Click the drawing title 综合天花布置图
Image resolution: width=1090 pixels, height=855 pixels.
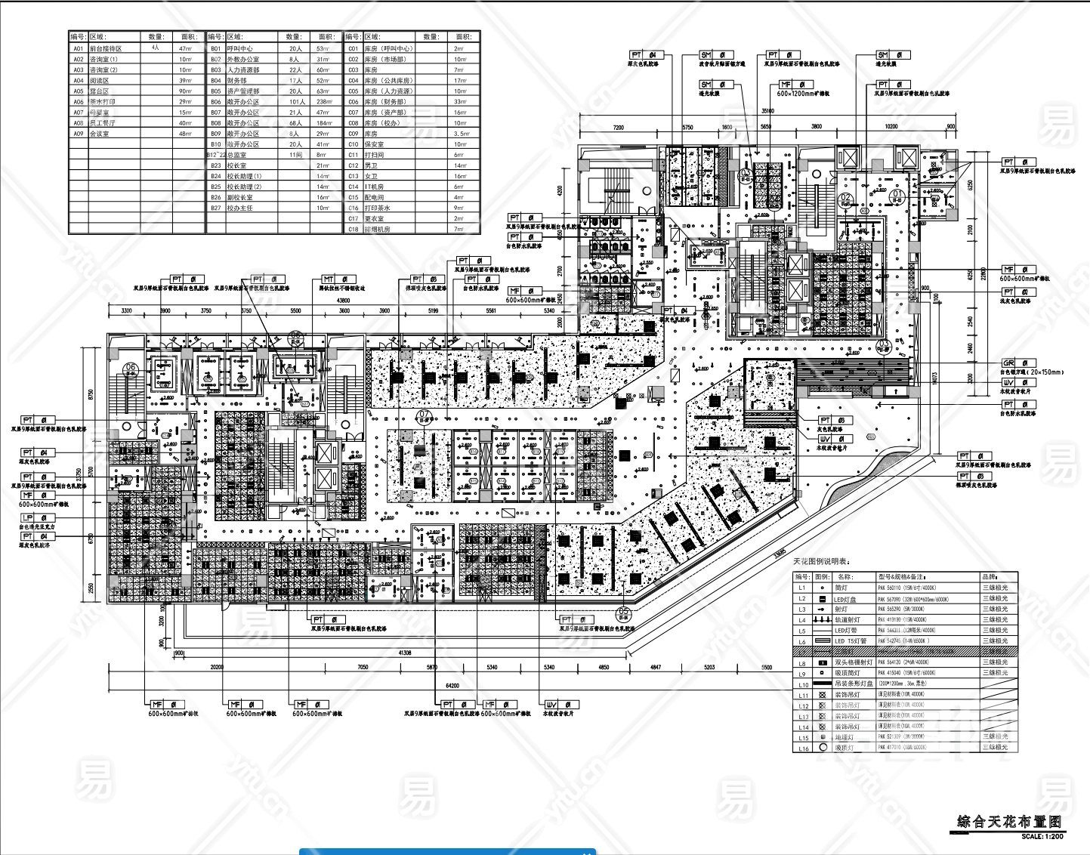(1009, 822)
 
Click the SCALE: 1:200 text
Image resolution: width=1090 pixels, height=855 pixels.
(1042, 836)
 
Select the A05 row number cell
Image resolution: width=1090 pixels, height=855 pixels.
(79, 91)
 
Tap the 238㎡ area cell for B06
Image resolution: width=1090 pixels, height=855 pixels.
(324, 101)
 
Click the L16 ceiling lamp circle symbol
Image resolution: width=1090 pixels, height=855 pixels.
(823, 747)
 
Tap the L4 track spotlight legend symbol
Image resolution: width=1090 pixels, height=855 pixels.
(823, 619)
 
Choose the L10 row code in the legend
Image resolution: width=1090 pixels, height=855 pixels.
(803, 684)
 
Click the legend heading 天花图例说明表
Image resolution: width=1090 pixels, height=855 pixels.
(821, 562)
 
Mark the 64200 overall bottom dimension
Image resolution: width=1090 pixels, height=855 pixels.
(452, 685)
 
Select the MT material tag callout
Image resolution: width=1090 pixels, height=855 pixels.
(329, 280)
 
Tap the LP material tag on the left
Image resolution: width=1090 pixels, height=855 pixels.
(28, 518)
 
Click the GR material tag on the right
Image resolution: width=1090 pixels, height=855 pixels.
(1008, 363)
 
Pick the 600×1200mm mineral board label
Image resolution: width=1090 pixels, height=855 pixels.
(803, 94)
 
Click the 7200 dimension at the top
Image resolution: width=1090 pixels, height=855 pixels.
(619, 128)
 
